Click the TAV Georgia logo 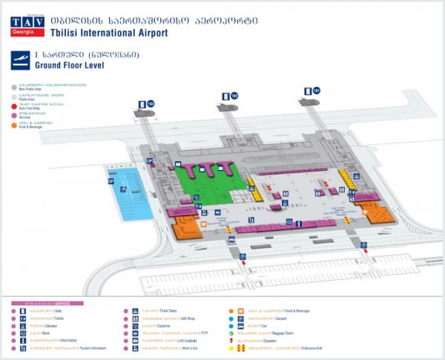coord(27,23)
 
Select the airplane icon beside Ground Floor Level coord(22,60)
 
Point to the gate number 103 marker coord(151,103)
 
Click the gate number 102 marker coord(234,96)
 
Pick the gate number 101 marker coord(316,91)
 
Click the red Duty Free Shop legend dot coord(14,105)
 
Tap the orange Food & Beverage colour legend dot coord(14,125)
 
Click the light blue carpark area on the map coord(127,189)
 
